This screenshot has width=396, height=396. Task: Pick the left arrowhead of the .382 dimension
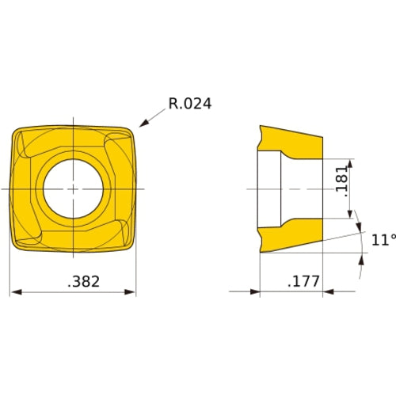pyautogui.click(x=14, y=292)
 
